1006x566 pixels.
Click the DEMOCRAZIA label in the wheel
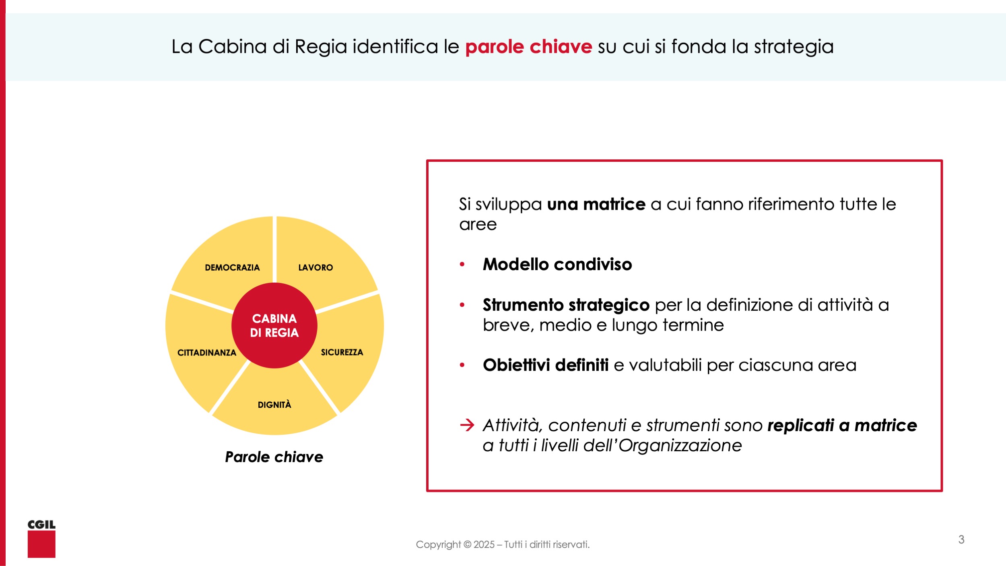coord(232,268)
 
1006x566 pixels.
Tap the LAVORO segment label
coord(315,268)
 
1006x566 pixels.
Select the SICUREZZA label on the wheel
coord(342,352)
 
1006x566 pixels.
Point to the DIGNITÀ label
coord(274,404)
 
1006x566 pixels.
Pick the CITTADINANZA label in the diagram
coord(207,353)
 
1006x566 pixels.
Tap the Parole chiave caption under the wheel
coord(274,457)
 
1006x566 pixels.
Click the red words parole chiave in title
coord(529,47)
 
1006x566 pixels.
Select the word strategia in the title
coord(794,47)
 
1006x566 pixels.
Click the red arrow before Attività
coord(467,425)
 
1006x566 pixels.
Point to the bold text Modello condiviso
coord(557,264)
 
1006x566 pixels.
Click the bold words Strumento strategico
coord(566,305)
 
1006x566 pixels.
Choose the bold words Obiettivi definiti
coord(546,365)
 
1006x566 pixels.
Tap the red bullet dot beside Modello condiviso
coord(462,264)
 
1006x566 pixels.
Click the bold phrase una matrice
coord(596,205)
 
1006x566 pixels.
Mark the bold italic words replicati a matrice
coord(842,426)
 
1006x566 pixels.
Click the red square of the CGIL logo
coord(41,544)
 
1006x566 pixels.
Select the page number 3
coord(961,539)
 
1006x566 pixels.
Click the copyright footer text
coord(503,545)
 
